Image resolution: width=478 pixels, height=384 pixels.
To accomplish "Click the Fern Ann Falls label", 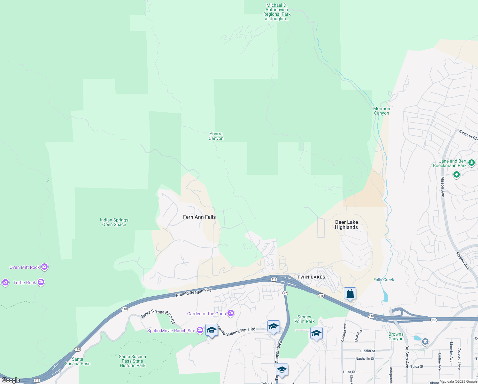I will (199, 217).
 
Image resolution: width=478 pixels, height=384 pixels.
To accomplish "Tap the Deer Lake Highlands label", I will (346, 225).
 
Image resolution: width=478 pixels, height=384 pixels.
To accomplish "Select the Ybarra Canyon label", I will (216, 136).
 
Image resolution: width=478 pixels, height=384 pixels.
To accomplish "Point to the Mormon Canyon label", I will (382, 111).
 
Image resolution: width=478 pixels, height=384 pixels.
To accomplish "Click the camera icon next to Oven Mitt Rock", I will (44, 267).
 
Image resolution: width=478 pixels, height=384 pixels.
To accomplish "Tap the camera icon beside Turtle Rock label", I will (41, 282).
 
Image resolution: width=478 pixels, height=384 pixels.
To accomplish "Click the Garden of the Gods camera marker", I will (230, 313).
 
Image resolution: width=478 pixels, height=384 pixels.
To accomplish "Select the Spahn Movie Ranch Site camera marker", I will (200, 330).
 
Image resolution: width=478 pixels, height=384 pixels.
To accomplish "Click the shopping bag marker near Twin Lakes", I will (350, 293).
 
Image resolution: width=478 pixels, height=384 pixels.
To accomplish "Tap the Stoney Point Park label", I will (304, 319).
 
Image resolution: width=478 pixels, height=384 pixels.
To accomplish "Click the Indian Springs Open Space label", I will (114, 222).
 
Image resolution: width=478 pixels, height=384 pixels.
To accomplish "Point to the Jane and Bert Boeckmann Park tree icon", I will (471, 163).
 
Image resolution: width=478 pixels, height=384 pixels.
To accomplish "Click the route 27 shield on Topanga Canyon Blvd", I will (285, 293).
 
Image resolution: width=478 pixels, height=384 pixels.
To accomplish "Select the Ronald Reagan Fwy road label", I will (194, 292).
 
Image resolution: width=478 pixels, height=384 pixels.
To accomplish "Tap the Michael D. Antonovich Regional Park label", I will (277, 12).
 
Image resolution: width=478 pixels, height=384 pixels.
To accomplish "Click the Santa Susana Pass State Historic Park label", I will (132, 361).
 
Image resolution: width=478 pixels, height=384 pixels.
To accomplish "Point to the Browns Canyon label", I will (396, 336).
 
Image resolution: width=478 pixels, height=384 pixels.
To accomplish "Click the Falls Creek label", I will (383, 280).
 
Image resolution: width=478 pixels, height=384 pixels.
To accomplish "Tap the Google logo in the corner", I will (11, 380).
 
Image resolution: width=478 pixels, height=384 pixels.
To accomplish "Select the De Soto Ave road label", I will (407, 356).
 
